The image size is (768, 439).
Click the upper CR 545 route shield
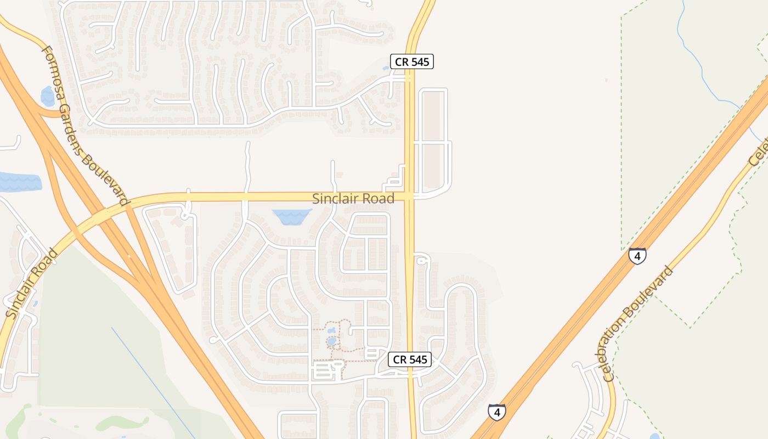click(x=411, y=61)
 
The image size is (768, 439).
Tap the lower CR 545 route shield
click(x=410, y=360)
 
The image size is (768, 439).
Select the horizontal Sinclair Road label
click(x=353, y=199)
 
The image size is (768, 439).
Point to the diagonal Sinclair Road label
click(x=32, y=284)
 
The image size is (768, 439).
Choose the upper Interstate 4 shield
click(x=637, y=256)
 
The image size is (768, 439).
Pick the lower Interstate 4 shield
click(x=496, y=412)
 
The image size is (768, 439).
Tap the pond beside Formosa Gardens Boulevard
click(x=48, y=96)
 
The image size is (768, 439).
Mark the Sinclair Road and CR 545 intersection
click(x=409, y=196)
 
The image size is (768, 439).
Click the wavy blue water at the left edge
click(x=19, y=182)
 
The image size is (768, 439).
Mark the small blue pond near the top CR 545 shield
click(x=386, y=69)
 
